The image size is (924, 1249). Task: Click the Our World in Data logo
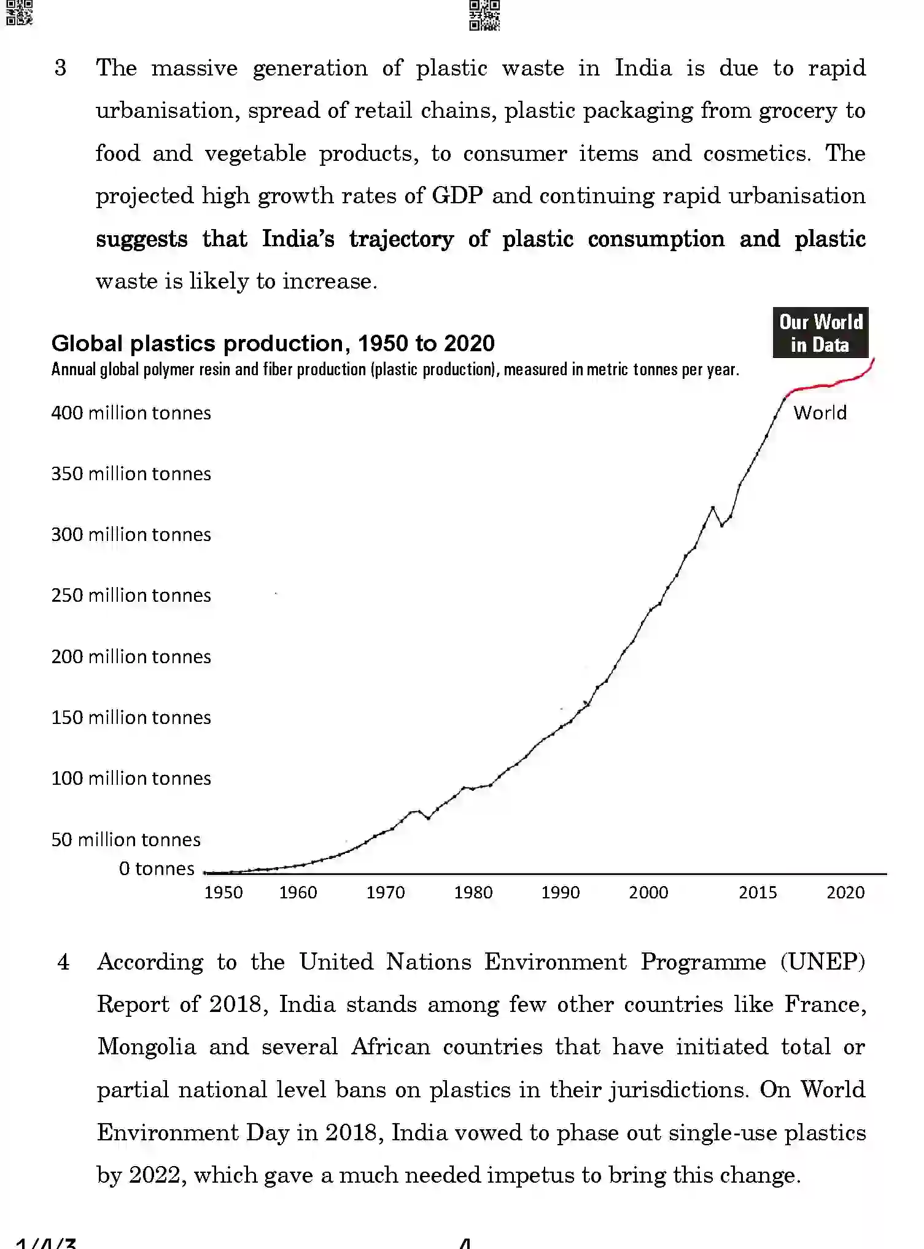(x=820, y=333)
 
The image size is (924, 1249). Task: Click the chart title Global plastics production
(x=273, y=343)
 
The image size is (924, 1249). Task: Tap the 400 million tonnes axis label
(x=131, y=413)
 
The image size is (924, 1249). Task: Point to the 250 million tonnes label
(x=131, y=595)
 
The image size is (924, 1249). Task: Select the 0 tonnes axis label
(x=157, y=868)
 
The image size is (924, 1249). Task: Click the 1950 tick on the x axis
(x=223, y=892)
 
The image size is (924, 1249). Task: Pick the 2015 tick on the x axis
(x=758, y=892)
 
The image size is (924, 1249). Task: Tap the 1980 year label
(x=473, y=892)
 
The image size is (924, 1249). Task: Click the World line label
(x=820, y=413)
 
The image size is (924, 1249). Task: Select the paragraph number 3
(x=60, y=68)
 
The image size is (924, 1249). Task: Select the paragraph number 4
(x=63, y=962)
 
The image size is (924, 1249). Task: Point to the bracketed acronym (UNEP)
(x=822, y=962)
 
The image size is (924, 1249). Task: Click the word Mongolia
(x=147, y=1046)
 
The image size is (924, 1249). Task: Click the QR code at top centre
(x=484, y=15)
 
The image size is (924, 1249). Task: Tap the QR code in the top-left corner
(x=18, y=12)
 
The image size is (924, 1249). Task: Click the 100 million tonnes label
(x=131, y=778)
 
